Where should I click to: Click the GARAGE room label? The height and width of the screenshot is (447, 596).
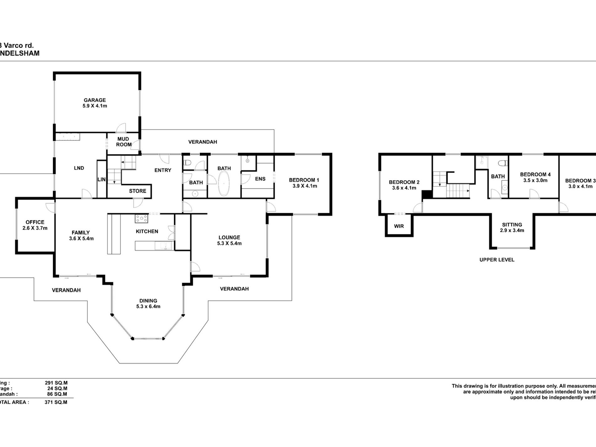(x=95, y=100)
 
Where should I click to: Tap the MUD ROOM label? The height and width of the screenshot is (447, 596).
(x=124, y=142)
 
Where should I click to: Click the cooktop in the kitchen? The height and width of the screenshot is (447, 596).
(x=141, y=218)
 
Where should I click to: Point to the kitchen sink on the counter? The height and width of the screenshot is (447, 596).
(x=163, y=246)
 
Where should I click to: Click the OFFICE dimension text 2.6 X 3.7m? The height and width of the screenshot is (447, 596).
(x=35, y=228)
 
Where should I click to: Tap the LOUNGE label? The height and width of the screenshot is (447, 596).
(x=229, y=237)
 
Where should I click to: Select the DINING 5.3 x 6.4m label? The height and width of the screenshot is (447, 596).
(x=148, y=304)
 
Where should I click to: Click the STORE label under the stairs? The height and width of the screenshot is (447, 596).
(x=137, y=191)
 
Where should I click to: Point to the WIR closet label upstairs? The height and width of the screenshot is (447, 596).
(x=399, y=226)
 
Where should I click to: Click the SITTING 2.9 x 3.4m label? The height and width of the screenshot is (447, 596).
(x=512, y=227)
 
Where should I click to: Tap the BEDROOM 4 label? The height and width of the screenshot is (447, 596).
(x=535, y=174)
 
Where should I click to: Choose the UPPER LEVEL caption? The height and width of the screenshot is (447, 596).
(x=497, y=260)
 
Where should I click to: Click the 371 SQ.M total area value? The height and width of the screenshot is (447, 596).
(x=56, y=402)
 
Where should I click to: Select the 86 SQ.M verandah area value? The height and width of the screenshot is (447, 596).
(x=57, y=394)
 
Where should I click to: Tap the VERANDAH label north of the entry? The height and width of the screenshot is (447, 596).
(x=203, y=142)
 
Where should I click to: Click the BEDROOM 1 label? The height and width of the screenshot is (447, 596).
(x=304, y=180)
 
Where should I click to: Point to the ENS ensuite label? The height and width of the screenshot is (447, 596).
(x=260, y=179)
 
